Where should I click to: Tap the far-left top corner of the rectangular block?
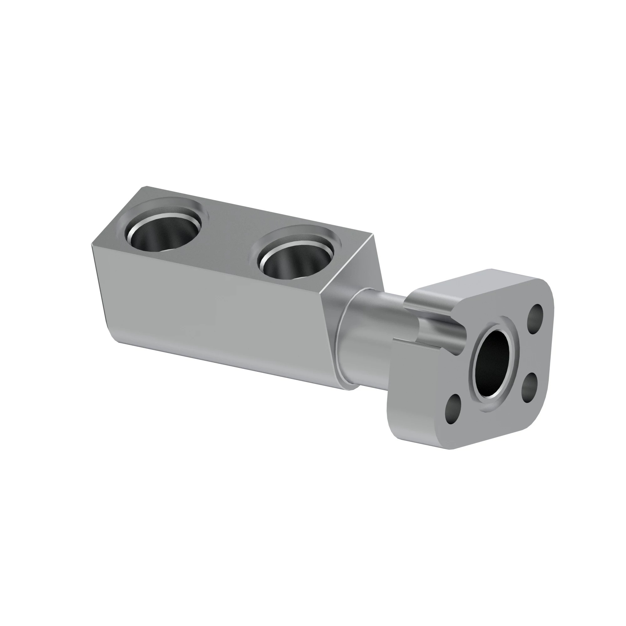(x=142, y=187)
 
